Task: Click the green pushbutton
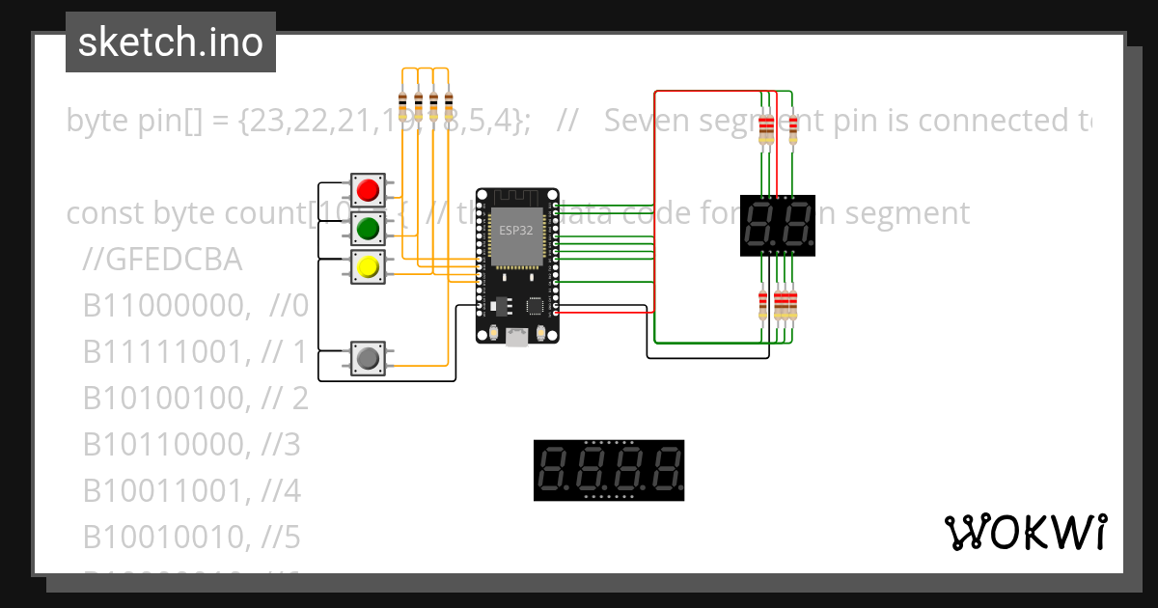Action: [367, 228]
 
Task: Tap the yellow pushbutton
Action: [367, 266]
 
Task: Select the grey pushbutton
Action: [367, 359]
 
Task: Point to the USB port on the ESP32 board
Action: [517, 336]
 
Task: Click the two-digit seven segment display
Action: [778, 225]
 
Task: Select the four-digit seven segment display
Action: [609, 470]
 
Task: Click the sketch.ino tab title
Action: [171, 42]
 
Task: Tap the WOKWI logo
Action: [1026, 532]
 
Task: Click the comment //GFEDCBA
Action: [162, 261]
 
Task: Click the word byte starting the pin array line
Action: [96, 121]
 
